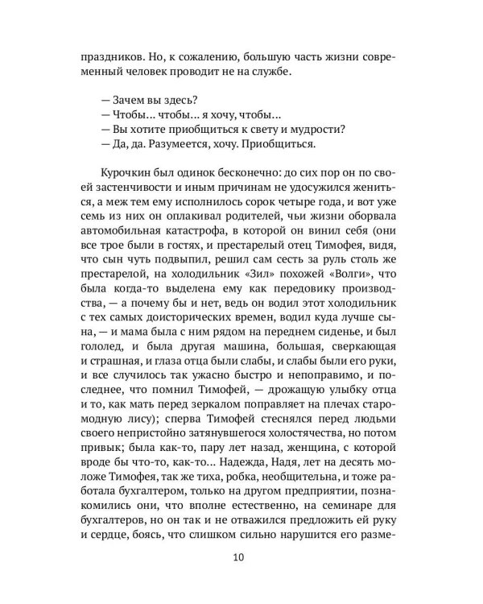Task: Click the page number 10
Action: coord(242,557)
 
